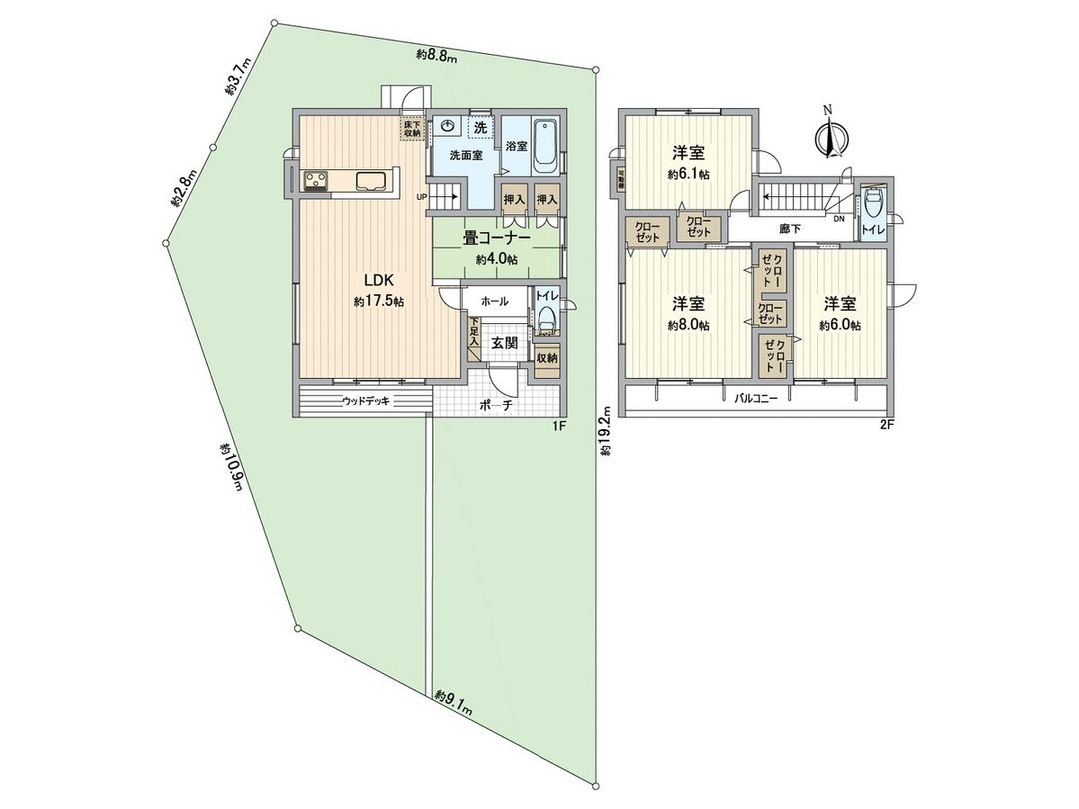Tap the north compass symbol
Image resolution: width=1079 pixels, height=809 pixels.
[828, 137]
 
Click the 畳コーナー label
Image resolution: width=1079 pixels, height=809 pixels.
[496, 239]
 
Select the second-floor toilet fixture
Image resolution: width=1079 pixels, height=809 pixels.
[875, 206]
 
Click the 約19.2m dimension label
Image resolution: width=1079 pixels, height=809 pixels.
[606, 430]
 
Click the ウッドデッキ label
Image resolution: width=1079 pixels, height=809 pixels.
[365, 402]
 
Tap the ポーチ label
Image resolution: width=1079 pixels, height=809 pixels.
[495, 405]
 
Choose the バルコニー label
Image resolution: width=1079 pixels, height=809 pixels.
[757, 398]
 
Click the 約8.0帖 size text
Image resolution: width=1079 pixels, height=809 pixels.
[689, 326]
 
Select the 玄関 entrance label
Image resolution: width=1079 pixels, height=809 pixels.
[503, 342]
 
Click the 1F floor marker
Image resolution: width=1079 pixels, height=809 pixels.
[558, 426]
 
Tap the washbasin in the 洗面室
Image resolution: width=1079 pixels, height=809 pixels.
[449, 127]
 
